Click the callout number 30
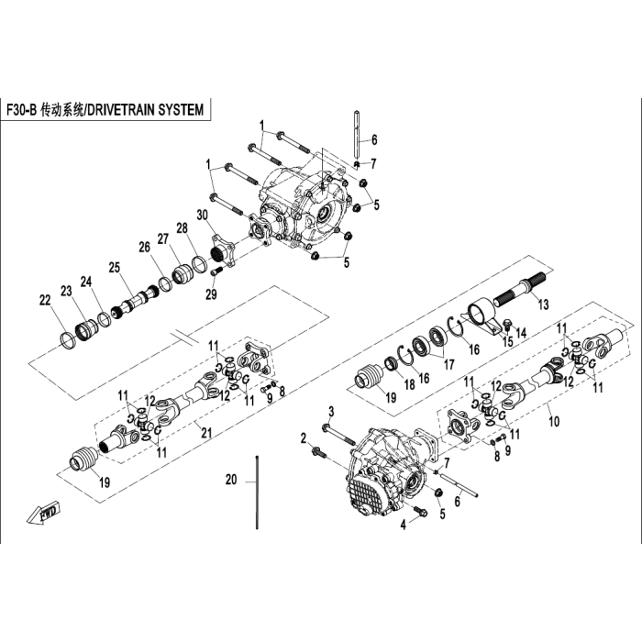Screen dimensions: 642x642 [x=203, y=216]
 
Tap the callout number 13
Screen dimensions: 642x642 [x=543, y=304]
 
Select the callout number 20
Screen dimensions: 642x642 [x=231, y=480]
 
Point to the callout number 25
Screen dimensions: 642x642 [x=115, y=268]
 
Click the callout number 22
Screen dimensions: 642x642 [x=45, y=300]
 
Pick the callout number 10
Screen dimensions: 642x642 [x=554, y=421]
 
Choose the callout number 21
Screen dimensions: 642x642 [x=206, y=432]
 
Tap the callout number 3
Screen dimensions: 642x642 [x=332, y=412]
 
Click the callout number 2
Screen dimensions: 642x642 [x=304, y=438]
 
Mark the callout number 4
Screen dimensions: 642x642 [x=404, y=525]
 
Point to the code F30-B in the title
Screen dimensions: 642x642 [x=22, y=110]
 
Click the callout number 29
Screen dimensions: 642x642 [x=211, y=294]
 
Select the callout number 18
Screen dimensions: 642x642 [x=409, y=384]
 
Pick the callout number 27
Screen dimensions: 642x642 [x=163, y=238]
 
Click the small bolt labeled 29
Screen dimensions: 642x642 [x=216, y=271]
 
